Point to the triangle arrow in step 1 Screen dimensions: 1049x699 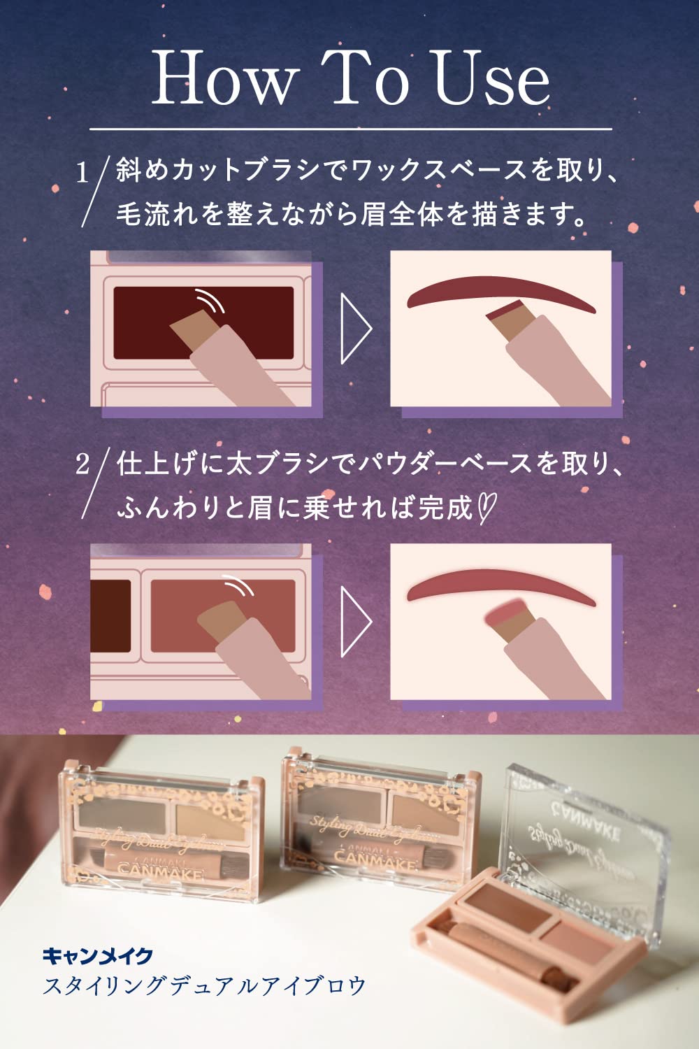point(355,329)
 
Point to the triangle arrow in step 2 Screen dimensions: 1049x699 point(355,622)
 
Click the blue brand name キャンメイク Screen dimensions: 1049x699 point(98,955)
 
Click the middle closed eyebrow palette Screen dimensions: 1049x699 point(377,818)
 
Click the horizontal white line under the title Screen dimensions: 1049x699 point(349,129)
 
